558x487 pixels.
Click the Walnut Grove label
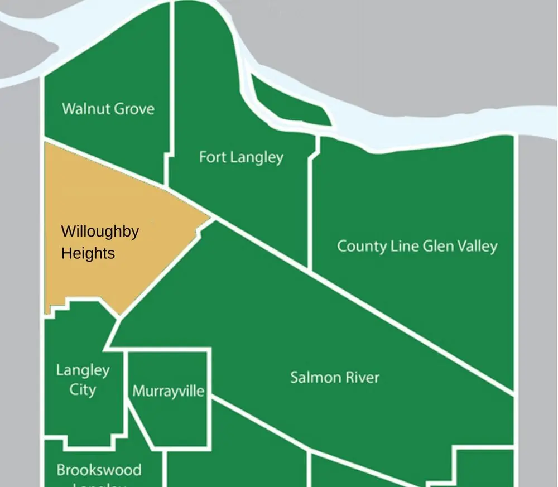point(108,108)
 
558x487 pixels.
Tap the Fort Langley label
point(241,157)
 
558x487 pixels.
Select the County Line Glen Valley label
point(417,246)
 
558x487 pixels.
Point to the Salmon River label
point(334,378)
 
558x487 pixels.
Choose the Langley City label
point(83,379)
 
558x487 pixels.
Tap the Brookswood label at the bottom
point(99,470)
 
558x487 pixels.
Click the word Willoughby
point(100,232)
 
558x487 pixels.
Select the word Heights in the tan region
point(88,253)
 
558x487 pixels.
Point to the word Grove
point(133,108)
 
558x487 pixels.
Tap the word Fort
point(212,157)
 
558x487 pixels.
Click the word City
point(83,389)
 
